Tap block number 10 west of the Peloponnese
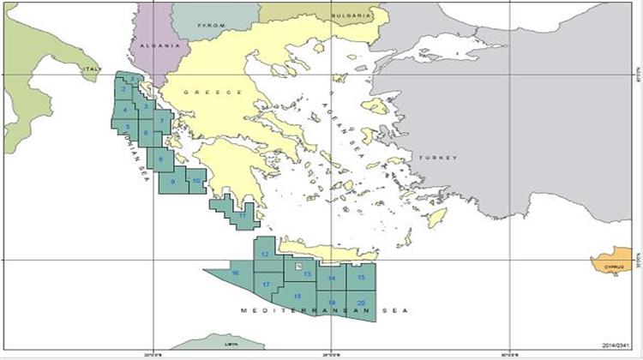[x=196, y=181]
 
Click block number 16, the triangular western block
[x=236, y=273]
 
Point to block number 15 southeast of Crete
[x=361, y=277]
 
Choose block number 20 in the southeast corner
[x=361, y=303]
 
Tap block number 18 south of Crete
[x=297, y=297]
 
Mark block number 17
[x=267, y=284]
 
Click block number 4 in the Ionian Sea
[x=126, y=110]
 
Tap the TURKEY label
[x=438, y=158]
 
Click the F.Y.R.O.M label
[x=210, y=26]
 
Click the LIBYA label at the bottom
[x=230, y=343]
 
